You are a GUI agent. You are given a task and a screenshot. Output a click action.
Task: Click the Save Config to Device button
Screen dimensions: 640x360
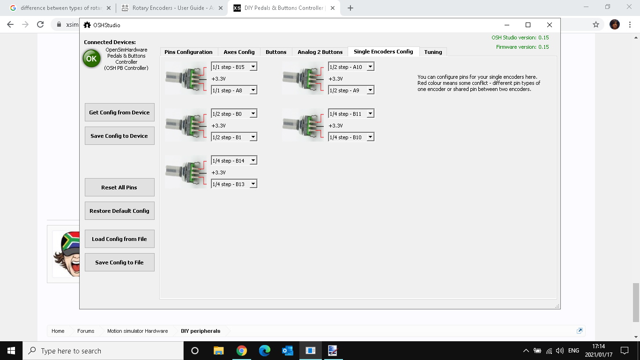click(119, 136)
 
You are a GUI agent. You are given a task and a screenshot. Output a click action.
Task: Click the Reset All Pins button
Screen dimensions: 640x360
click(119, 187)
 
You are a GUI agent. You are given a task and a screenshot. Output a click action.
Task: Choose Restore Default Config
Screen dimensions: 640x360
click(119, 211)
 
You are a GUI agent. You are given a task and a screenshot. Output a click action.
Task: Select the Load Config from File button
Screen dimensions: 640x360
click(119, 239)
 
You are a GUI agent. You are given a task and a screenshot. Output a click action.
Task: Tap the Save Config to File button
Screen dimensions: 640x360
click(119, 262)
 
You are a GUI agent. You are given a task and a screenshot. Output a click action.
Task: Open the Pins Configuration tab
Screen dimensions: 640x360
click(188, 52)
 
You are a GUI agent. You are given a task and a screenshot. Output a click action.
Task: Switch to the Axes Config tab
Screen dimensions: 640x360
click(239, 52)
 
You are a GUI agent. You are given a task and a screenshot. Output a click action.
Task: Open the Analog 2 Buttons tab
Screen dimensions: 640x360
click(320, 52)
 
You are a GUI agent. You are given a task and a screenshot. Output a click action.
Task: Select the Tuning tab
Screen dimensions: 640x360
click(433, 52)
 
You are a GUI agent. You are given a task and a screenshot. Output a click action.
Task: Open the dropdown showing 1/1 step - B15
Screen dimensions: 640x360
click(234, 67)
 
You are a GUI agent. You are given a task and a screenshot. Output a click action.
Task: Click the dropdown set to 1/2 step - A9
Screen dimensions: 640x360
click(351, 90)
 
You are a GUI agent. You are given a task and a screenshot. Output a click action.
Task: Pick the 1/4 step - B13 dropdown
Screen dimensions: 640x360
click(234, 184)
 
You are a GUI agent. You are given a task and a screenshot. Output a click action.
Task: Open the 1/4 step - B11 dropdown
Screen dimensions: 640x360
click(351, 113)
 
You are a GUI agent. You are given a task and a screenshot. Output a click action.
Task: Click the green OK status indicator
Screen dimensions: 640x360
click(91, 59)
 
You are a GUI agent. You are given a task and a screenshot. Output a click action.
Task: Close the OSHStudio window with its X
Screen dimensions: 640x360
click(549, 25)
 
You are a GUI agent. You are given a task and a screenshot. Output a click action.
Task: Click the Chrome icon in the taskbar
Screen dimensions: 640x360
click(241, 351)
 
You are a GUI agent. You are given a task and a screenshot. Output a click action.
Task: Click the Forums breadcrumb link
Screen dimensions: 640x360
click(86, 331)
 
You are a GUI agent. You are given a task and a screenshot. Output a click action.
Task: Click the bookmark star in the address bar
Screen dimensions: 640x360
click(595, 24)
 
